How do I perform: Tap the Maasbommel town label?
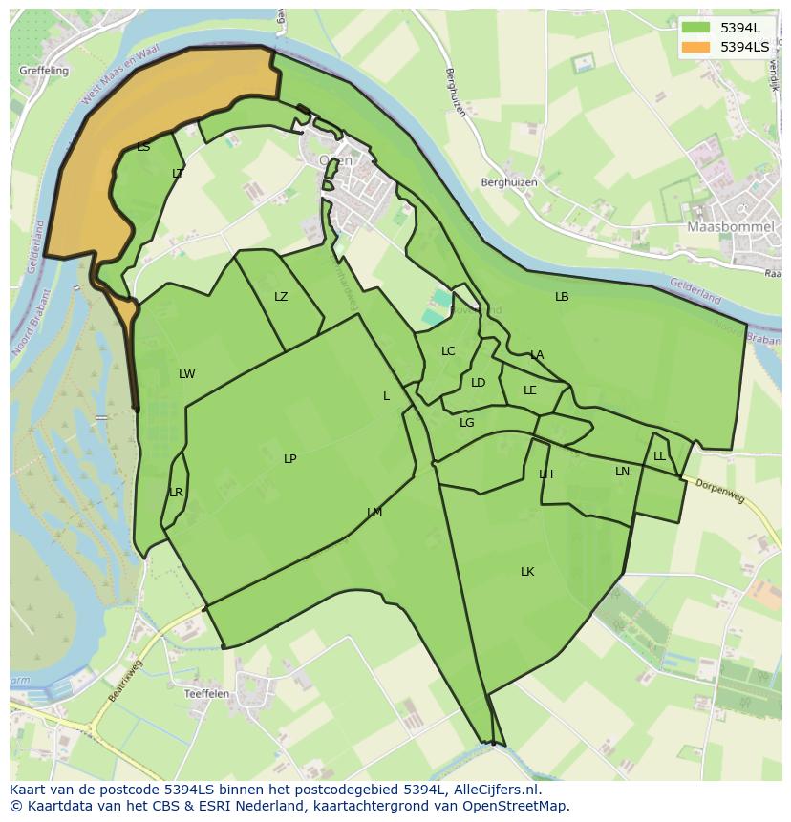coord(724,227)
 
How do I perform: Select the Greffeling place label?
coord(43,71)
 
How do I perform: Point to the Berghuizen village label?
coord(509,182)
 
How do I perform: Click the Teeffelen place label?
coord(206,694)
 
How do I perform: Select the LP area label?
coord(289,459)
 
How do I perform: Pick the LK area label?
coord(527,572)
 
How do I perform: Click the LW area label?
coord(186,374)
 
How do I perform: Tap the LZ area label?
coord(281,297)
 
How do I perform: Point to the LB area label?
coord(562,297)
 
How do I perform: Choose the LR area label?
coord(176,493)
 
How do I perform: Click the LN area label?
coord(622,472)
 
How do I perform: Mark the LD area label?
coord(478,383)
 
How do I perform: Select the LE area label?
coord(530,390)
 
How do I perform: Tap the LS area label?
coord(143,147)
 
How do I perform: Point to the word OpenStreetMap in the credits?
coord(518,806)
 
